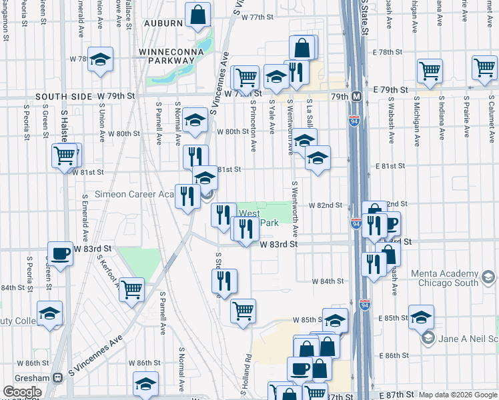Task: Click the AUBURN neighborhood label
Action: click(161, 23)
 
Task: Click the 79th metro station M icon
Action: click(357, 97)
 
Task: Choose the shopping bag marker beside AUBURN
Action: click(198, 15)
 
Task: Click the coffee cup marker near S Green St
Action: click(61, 253)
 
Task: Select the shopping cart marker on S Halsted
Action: click(64, 156)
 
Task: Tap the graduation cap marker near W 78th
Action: click(100, 60)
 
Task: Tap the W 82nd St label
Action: click(325, 205)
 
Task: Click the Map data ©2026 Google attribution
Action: click(458, 395)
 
